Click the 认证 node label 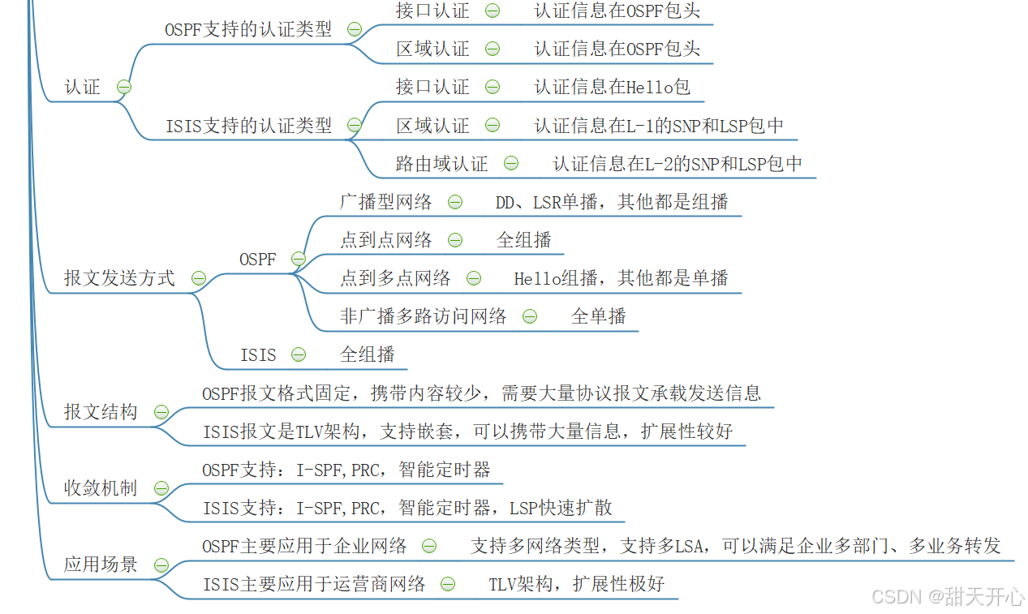tap(82, 87)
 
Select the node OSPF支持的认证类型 tap(248, 29)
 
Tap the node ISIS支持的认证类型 tap(249, 126)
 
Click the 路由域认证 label tap(441, 164)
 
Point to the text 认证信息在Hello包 tap(612, 87)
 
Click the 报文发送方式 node tap(119, 278)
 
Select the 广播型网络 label tap(385, 202)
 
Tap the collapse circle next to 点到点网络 tap(455, 240)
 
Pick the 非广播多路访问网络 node tap(423, 316)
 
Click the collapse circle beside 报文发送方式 tap(199, 278)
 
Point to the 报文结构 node tap(101, 412)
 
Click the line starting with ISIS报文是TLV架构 tap(467, 432)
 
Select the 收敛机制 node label tap(101, 488)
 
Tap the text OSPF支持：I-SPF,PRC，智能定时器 tap(346, 470)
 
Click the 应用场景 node tap(101, 565)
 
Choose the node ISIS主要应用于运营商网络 tap(314, 584)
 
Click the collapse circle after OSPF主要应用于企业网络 tap(429, 546)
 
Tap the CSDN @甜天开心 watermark tap(948, 597)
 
